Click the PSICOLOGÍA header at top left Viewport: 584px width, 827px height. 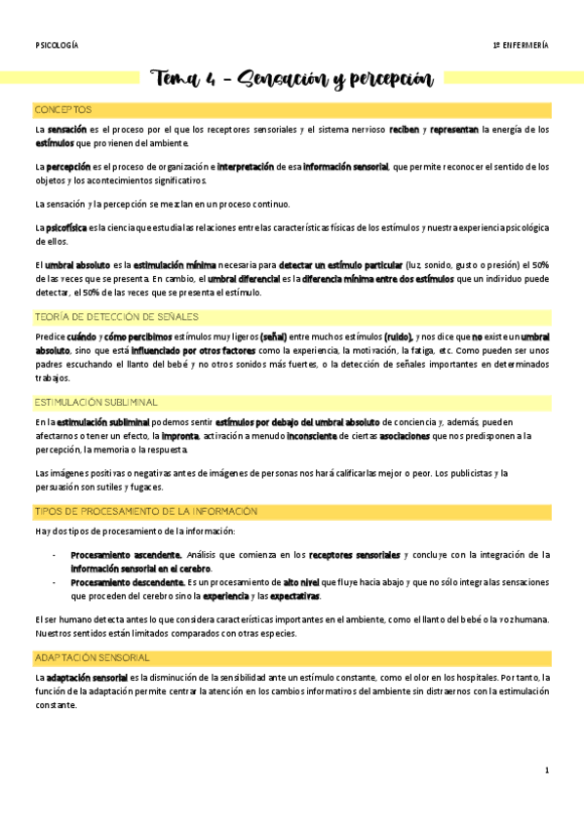tap(56, 45)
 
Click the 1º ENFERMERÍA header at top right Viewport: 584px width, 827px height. tap(521, 45)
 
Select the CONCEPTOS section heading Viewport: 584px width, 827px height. tap(62, 109)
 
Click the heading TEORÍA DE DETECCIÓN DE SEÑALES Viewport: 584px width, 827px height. tap(116, 316)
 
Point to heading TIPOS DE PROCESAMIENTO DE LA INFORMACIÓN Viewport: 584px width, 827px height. tap(145, 511)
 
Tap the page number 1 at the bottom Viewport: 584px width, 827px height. tap(547, 770)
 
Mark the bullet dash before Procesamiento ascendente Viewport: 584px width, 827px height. tap(53, 554)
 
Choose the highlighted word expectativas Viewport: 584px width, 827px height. tap(292, 596)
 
